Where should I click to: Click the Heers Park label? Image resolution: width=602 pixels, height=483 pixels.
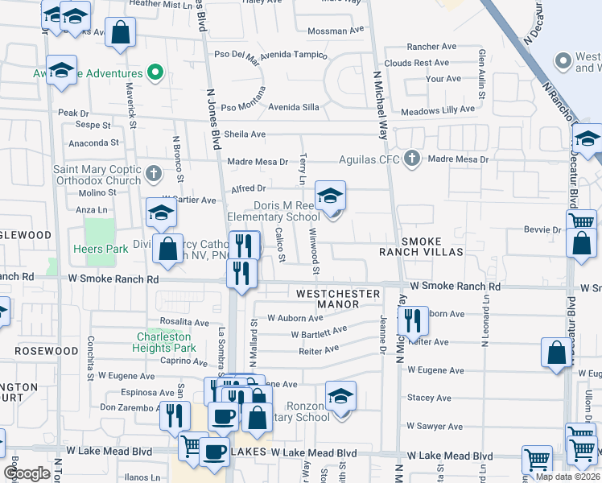click(x=100, y=249)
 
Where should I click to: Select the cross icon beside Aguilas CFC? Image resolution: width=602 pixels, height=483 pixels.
click(x=412, y=157)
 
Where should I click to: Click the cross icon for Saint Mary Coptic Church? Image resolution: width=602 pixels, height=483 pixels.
click(x=155, y=171)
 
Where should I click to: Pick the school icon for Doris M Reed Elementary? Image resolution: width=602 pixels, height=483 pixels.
click(x=330, y=196)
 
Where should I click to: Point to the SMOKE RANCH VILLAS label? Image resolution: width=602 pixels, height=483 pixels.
click(x=422, y=246)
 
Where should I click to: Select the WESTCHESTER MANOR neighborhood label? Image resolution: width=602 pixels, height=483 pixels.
click(x=337, y=299)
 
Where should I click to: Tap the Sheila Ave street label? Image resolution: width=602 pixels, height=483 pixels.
click(x=245, y=134)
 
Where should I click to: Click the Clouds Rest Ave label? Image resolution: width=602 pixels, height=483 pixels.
click(x=416, y=63)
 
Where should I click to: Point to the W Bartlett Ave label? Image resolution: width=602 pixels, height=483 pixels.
click(x=319, y=331)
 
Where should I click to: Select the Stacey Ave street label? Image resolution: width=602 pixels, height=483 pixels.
click(x=429, y=398)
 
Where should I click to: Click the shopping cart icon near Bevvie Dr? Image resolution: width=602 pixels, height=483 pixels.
click(x=581, y=220)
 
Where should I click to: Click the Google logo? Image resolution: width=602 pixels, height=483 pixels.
click(x=27, y=473)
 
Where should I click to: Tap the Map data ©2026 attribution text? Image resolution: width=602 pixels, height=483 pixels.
click(x=567, y=477)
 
